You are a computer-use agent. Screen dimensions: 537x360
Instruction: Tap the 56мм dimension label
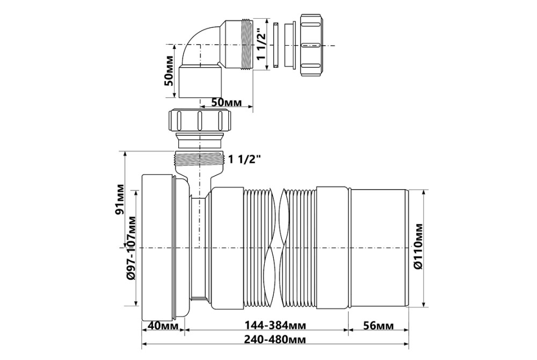[x=379, y=326]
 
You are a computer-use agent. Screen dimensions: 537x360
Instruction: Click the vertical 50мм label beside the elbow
[x=169, y=71]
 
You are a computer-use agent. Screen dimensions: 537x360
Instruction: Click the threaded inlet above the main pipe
[x=199, y=159]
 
